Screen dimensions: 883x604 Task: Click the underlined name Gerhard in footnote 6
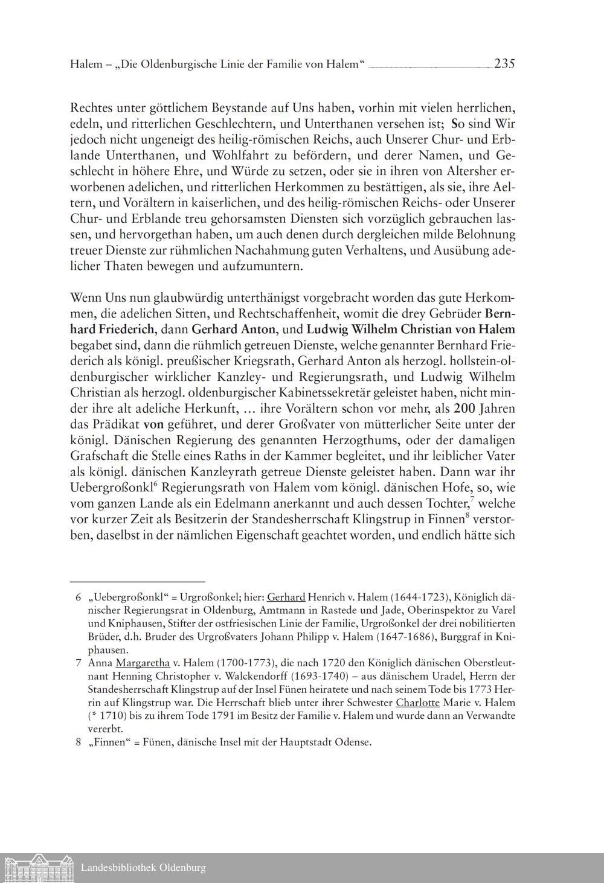tap(286, 598)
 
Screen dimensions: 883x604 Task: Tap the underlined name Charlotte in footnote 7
tap(418, 703)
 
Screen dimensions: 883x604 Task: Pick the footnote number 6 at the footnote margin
tap(79, 598)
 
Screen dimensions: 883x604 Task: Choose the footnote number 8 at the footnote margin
tap(79, 742)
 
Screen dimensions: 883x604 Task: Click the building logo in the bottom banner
tap(37, 868)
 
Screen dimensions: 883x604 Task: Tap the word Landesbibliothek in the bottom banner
tap(118, 868)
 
